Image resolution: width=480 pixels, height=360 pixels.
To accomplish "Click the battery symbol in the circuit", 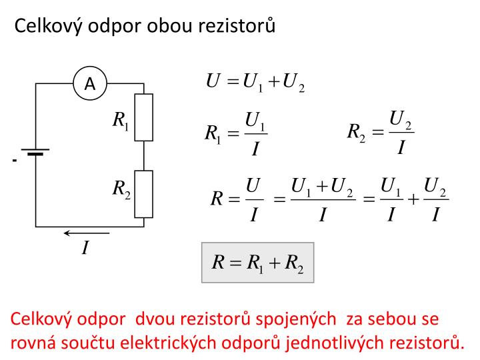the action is [35, 152].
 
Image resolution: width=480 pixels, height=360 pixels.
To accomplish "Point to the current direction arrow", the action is [86, 233].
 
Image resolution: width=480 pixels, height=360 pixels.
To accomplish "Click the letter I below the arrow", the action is [85, 247].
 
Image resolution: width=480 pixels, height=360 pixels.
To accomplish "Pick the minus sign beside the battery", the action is [15, 160].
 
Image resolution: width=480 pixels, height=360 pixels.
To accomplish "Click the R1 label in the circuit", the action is [121, 120].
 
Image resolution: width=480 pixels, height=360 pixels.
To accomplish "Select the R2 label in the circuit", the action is [121, 189].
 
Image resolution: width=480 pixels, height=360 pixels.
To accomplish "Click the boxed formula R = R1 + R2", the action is [258, 263].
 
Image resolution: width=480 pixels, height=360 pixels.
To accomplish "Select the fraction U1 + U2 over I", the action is [323, 199].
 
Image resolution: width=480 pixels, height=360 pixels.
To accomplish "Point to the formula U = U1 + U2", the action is [255, 82].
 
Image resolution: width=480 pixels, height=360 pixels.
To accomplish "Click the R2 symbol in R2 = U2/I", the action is [356, 133].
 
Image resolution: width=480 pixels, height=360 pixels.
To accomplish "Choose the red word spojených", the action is [296, 320].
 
